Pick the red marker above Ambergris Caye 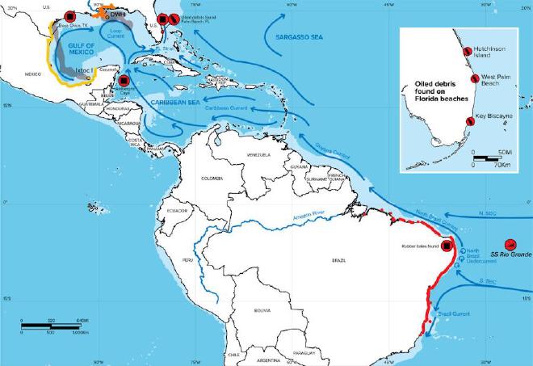[124, 81]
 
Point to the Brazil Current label [449, 311]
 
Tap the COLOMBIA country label [212, 179]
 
